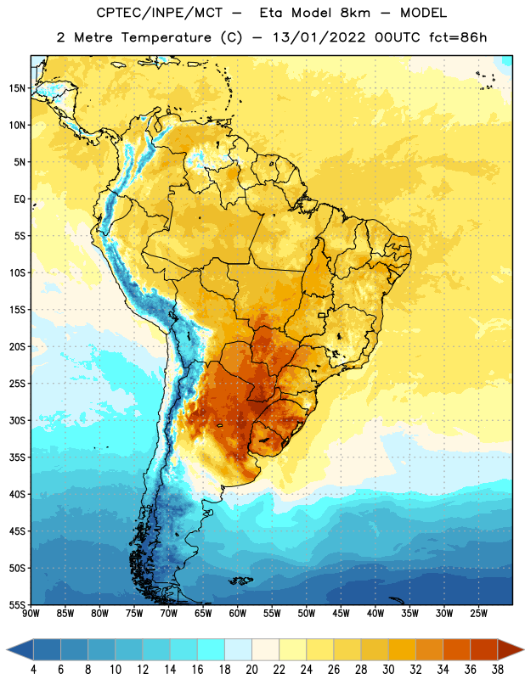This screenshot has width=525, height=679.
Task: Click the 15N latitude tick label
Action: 17,88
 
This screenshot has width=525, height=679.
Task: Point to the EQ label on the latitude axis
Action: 20,199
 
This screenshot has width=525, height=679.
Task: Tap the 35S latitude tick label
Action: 17,457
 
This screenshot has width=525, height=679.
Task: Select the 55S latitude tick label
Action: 17,604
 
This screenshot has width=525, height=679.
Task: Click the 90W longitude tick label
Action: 31,614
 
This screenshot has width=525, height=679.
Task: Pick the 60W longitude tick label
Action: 238,614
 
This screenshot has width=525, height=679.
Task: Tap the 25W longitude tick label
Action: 478,614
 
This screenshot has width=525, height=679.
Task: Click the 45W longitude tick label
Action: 341,614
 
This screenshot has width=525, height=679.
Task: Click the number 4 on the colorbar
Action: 33,670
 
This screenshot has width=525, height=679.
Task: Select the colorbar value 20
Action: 251,670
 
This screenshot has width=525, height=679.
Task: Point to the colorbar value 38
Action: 498,670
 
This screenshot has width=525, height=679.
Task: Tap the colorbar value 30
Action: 388,670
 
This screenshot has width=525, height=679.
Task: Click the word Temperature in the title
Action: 166,37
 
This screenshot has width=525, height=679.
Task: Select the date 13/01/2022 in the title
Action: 319,37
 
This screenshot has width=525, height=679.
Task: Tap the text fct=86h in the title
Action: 458,37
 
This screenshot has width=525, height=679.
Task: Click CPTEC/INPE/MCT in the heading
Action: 159,13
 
